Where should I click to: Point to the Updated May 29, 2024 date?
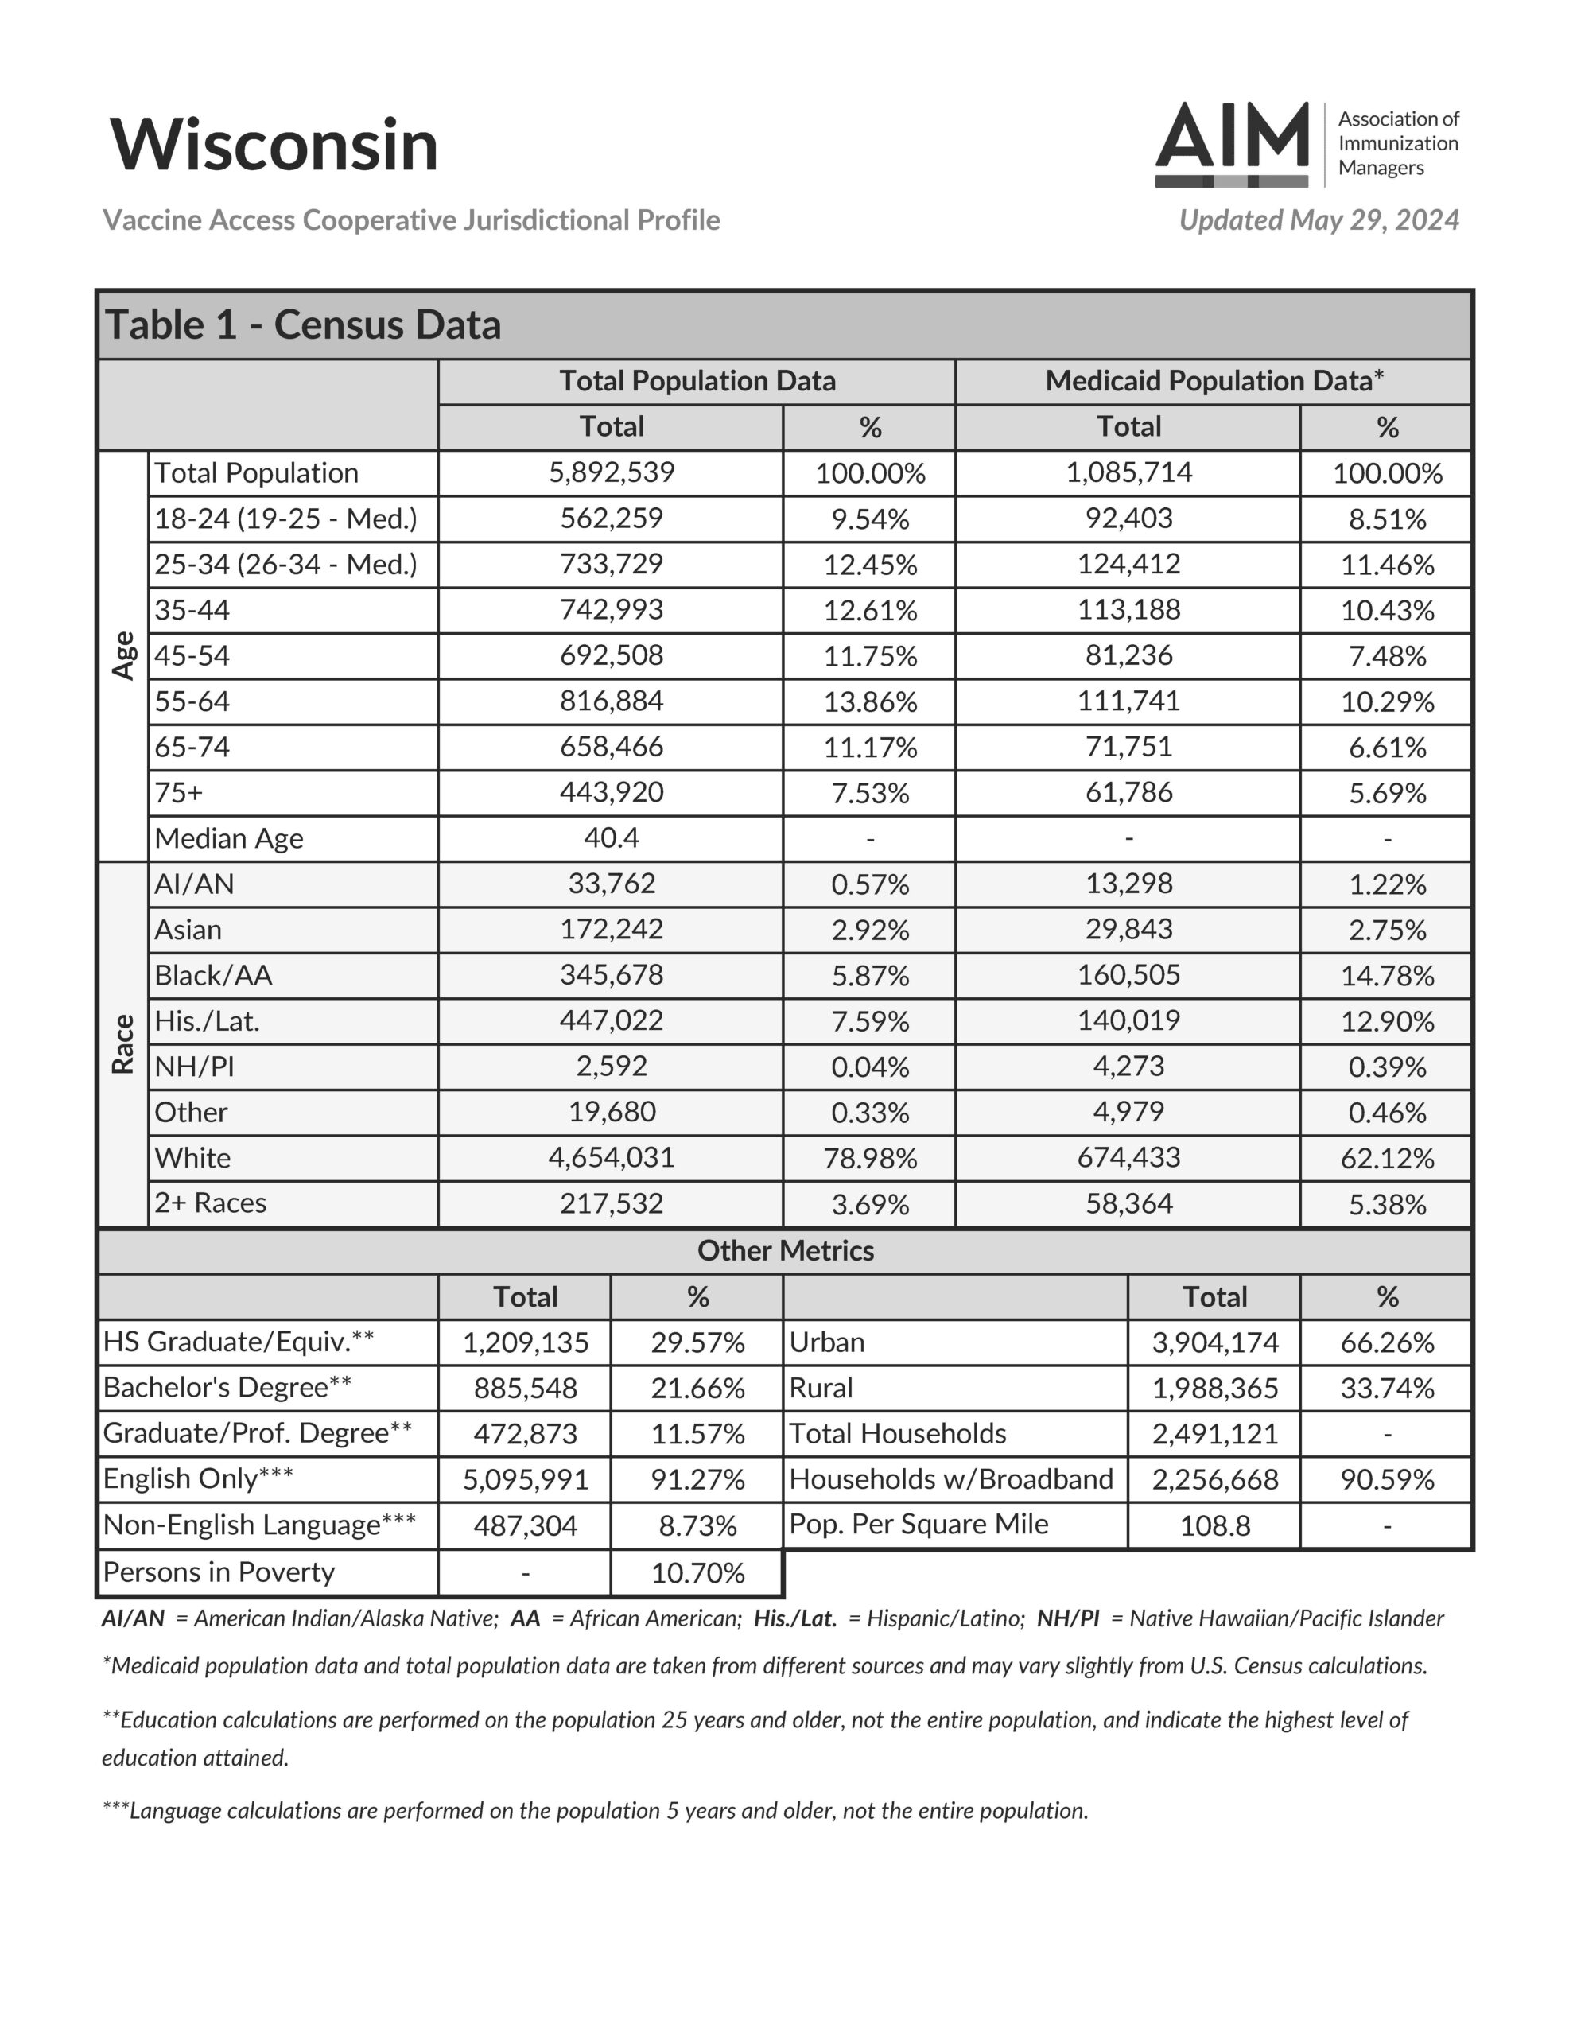[x=1319, y=220]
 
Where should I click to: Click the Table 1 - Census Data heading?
[x=303, y=324]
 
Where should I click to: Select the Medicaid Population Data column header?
[x=1213, y=380]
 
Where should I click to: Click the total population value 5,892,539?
[x=611, y=472]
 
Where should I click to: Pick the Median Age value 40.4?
[x=611, y=837]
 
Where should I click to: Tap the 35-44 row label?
[x=192, y=610]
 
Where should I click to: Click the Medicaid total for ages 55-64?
[x=1128, y=701]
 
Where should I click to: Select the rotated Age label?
[x=123, y=655]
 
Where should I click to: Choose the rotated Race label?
[x=123, y=1044]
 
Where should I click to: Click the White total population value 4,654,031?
[x=611, y=1157]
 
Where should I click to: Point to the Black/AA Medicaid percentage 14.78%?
[x=1387, y=975]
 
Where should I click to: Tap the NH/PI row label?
[x=194, y=1066]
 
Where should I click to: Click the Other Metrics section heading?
[x=785, y=1250]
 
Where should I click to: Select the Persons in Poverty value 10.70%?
[x=697, y=1572]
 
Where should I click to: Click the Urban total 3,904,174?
[x=1214, y=1342]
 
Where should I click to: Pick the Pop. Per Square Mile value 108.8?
[x=1214, y=1525]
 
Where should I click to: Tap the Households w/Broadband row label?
[x=951, y=1478]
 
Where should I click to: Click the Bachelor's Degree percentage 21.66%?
[x=697, y=1388]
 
